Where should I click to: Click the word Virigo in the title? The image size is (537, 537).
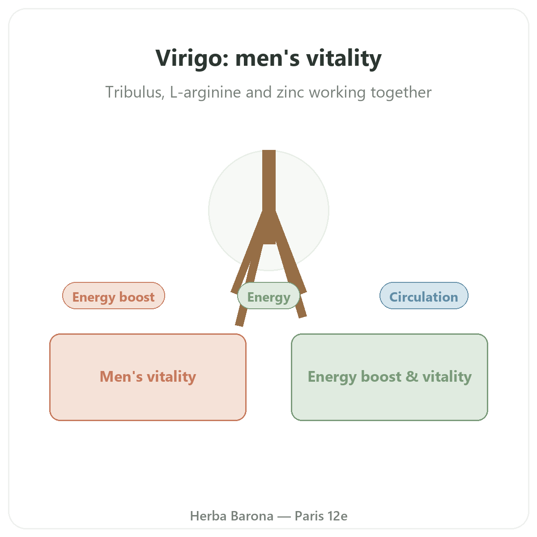pyautogui.click(x=192, y=58)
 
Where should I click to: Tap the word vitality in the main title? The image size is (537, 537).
pyautogui.click(x=344, y=58)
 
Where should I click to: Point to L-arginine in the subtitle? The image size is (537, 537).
pyautogui.click(x=205, y=93)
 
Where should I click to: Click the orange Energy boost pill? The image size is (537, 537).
pyautogui.click(x=113, y=295)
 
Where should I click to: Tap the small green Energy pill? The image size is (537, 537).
pyautogui.click(x=268, y=295)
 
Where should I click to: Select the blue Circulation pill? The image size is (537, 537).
pyautogui.click(x=424, y=295)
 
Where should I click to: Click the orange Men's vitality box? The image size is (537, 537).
pyautogui.click(x=148, y=377)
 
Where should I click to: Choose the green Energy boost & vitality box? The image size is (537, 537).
pyautogui.click(x=389, y=377)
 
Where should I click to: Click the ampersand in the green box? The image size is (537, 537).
pyautogui.click(x=412, y=376)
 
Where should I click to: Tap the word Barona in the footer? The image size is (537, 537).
pyautogui.click(x=252, y=516)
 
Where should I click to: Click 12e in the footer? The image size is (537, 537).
pyautogui.click(x=337, y=516)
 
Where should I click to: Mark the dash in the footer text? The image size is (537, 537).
pyautogui.click(x=284, y=516)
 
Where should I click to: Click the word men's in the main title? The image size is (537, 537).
pyautogui.click(x=267, y=58)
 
